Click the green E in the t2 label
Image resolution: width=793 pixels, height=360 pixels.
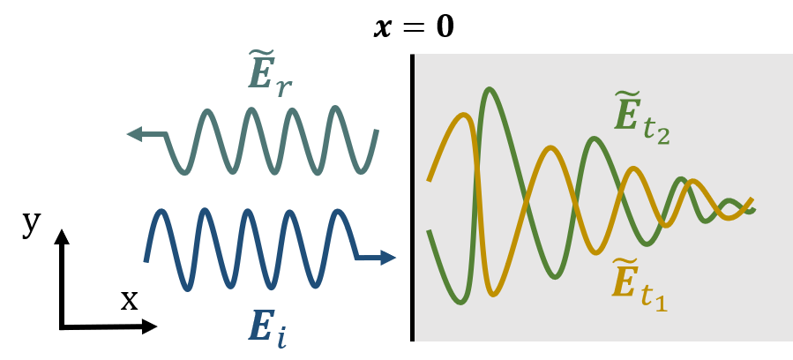(627, 116)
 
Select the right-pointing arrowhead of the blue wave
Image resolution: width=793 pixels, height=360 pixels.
(389, 258)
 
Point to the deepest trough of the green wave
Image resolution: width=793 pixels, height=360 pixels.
(460, 302)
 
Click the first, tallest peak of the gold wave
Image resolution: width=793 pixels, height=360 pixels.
(460, 115)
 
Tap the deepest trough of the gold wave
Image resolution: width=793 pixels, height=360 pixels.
(495, 292)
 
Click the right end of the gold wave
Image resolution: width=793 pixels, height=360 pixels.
(751, 200)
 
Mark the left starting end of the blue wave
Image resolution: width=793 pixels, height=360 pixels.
(146, 260)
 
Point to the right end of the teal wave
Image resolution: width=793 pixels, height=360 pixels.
(378, 131)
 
